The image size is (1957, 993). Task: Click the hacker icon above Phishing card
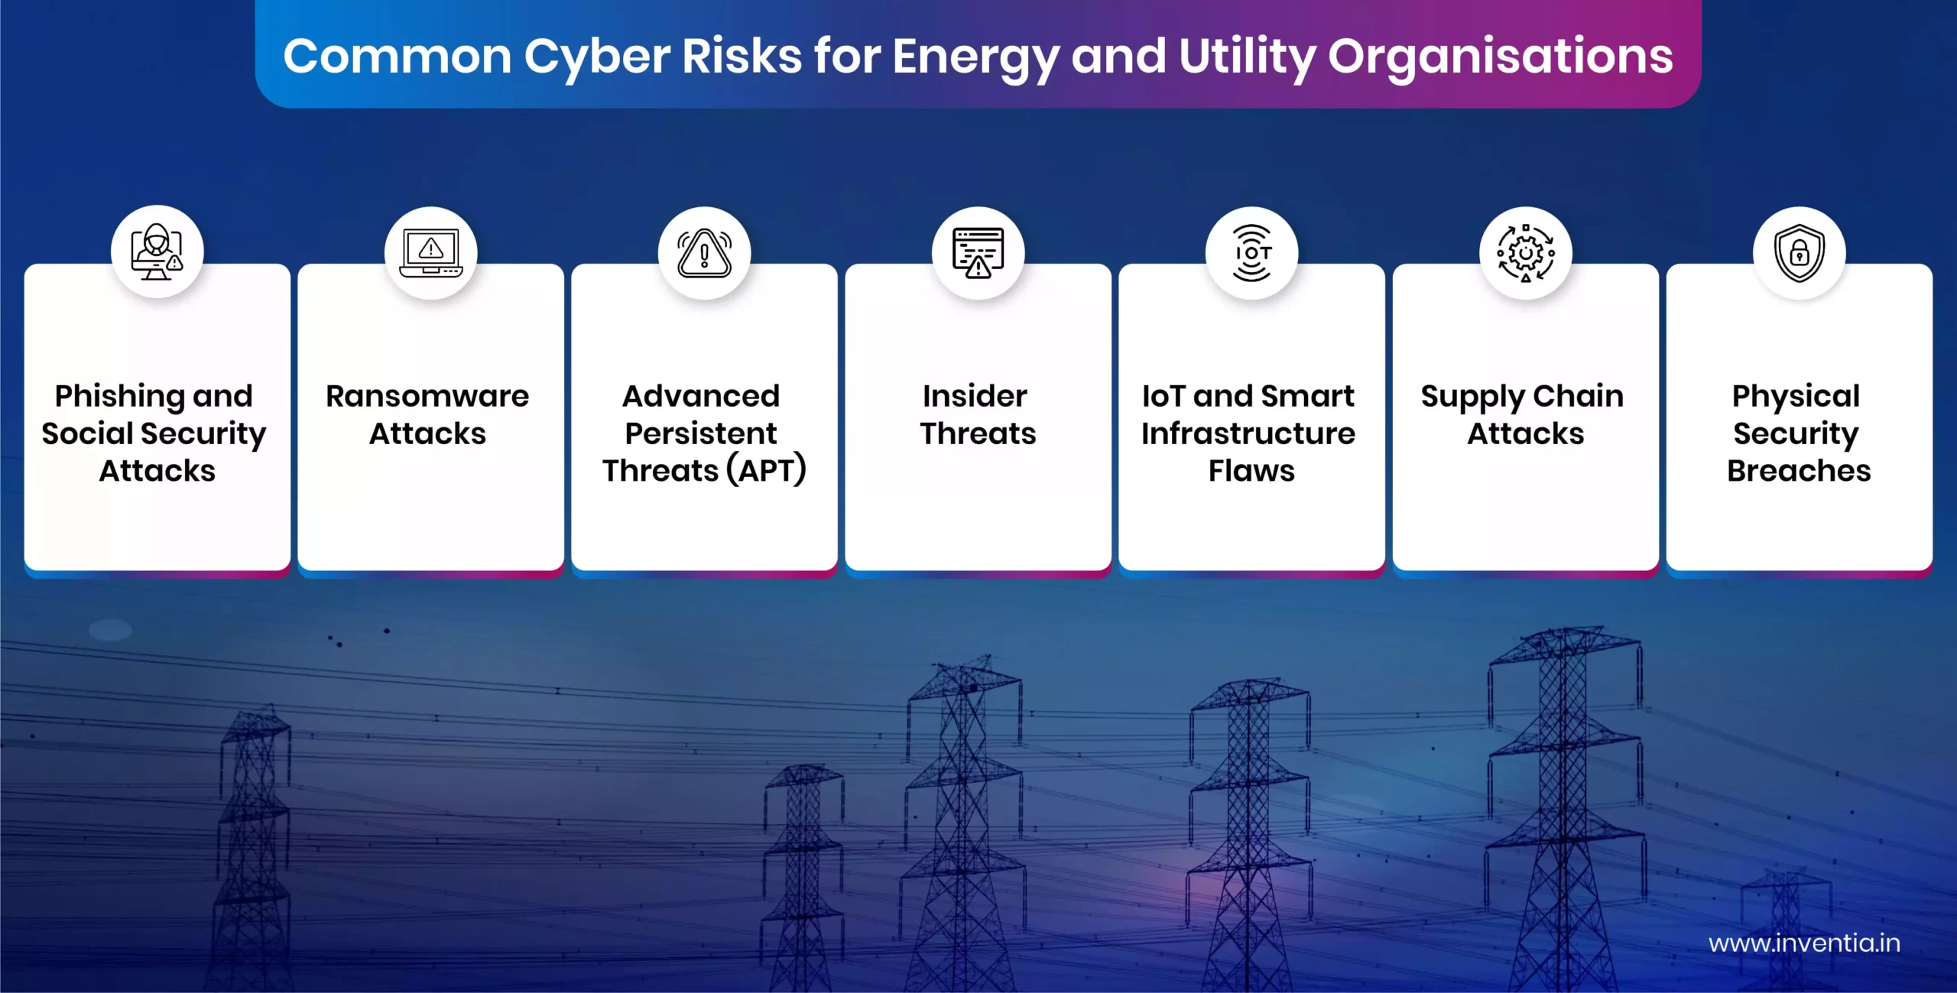(157, 251)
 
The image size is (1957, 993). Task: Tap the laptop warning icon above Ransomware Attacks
(431, 252)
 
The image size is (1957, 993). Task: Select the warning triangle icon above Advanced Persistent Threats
(704, 252)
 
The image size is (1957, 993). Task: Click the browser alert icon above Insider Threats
(978, 252)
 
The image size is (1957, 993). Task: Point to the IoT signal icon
(1252, 252)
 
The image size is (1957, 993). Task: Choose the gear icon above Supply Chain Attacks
(1526, 252)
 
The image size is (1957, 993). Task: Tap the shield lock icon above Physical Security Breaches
(1800, 252)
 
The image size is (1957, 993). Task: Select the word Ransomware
(427, 396)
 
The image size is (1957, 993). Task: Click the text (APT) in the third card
(767, 470)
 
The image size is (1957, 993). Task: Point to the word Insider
(975, 396)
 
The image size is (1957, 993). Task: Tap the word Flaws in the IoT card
(1251, 471)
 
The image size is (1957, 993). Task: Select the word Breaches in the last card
(1799, 471)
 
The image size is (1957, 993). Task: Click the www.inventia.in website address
(1804, 943)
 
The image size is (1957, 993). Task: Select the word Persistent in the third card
(701, 433)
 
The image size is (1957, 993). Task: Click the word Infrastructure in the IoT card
(1248, 433)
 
